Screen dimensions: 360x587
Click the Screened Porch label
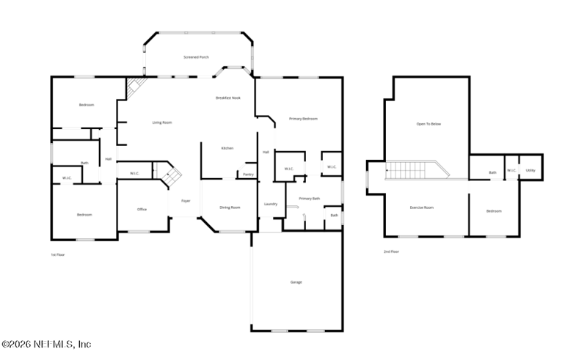(x=196, y=56)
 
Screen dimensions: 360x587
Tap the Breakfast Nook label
(x=227, y=98)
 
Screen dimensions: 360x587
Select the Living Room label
(x=162, y=122)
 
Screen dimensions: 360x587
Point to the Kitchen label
(x=227, y=149)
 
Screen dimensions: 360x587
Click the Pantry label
(x=248, y=175)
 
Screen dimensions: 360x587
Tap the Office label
(x=142, y=209)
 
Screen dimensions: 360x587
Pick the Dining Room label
(x=230, y=207)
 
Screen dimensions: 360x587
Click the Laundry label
(x=270, y=203)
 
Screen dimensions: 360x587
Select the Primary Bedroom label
(x=303, y=119)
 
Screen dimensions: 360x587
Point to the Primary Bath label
(x=309, y=198)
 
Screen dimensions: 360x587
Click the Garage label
(x=296, y=282)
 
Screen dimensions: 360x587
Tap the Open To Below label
(x=429, y=124)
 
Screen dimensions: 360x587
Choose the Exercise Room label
(x=421, y=207)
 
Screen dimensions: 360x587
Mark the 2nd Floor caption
(x=391, y=251)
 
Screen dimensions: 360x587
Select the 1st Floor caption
(x=58, y=254)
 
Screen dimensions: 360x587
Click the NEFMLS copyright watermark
(x=46, y=344)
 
